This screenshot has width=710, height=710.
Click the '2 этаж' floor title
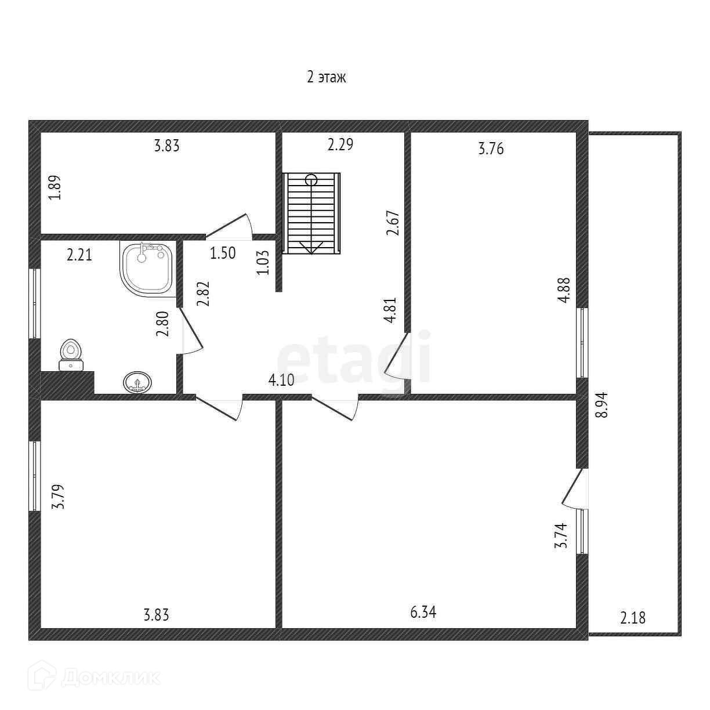click(x=326, y=77)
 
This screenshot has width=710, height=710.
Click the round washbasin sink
click(x=137, y=382)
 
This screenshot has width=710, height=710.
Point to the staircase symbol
click(x=311, y=213)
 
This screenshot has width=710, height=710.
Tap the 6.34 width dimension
click(x=423, y=613)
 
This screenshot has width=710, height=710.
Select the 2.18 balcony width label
click(x=632, y=618)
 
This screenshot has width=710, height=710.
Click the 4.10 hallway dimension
click(x=281, y=381)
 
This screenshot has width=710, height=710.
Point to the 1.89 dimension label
click(x=54, y=187)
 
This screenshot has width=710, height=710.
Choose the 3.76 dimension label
click(x=491, y=149)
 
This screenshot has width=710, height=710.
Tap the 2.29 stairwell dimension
click(x=340, y=144)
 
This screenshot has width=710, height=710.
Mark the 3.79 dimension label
click(x=57, y=497)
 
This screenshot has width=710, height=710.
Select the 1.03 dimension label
click(x=263, y=262)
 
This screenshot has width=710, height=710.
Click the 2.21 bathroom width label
click(x=79, y=255)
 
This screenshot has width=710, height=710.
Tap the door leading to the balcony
click(x=575, y=489)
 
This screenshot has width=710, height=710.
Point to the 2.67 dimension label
click(x=393, y=222)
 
